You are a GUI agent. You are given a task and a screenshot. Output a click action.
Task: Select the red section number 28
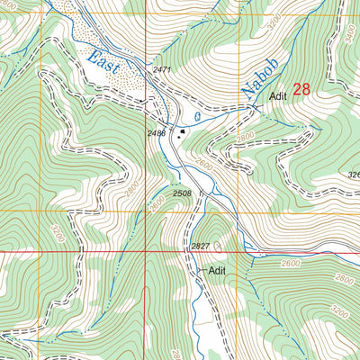tap(301, 88)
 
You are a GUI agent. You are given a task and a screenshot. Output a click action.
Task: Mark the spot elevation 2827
tap(200, 246)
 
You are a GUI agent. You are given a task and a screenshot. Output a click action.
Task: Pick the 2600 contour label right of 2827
tap(291, 262)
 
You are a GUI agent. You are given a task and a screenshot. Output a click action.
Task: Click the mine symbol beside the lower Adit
tap(199, 269)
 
